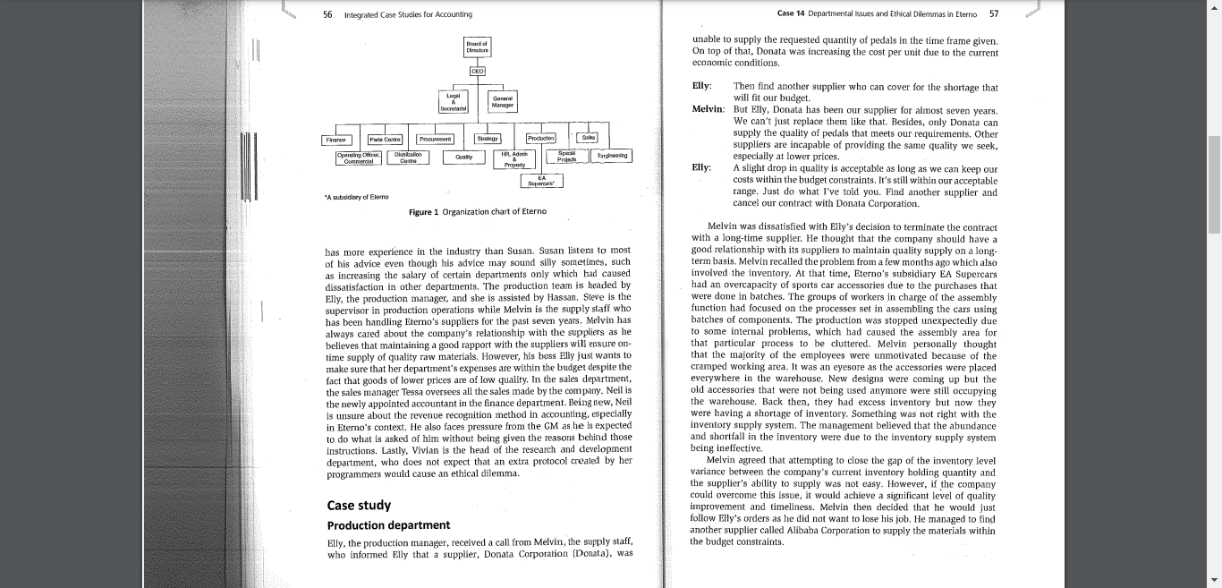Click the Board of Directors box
tap(477, 47)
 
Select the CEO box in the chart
tap(478, 71)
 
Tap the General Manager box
tap(502, 101)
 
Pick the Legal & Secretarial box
tap(454, 101)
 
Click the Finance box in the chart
tap(335, 139)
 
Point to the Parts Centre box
tap(385, 139)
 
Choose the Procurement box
tap(436, 139)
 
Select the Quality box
tap(463, 157)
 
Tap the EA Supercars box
tap(541, 181)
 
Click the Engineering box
tap(612, 156)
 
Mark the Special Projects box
tap(565, 157)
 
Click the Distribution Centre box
tap(408, 157)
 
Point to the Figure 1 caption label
tap(477, 212)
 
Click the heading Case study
tap(359, 506)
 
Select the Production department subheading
tap(388, 525)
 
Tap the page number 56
tap(327, 14)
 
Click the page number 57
tap(994, 14)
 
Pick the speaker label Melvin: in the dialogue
tap(708, 109)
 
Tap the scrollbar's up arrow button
tap(1214, 7)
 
